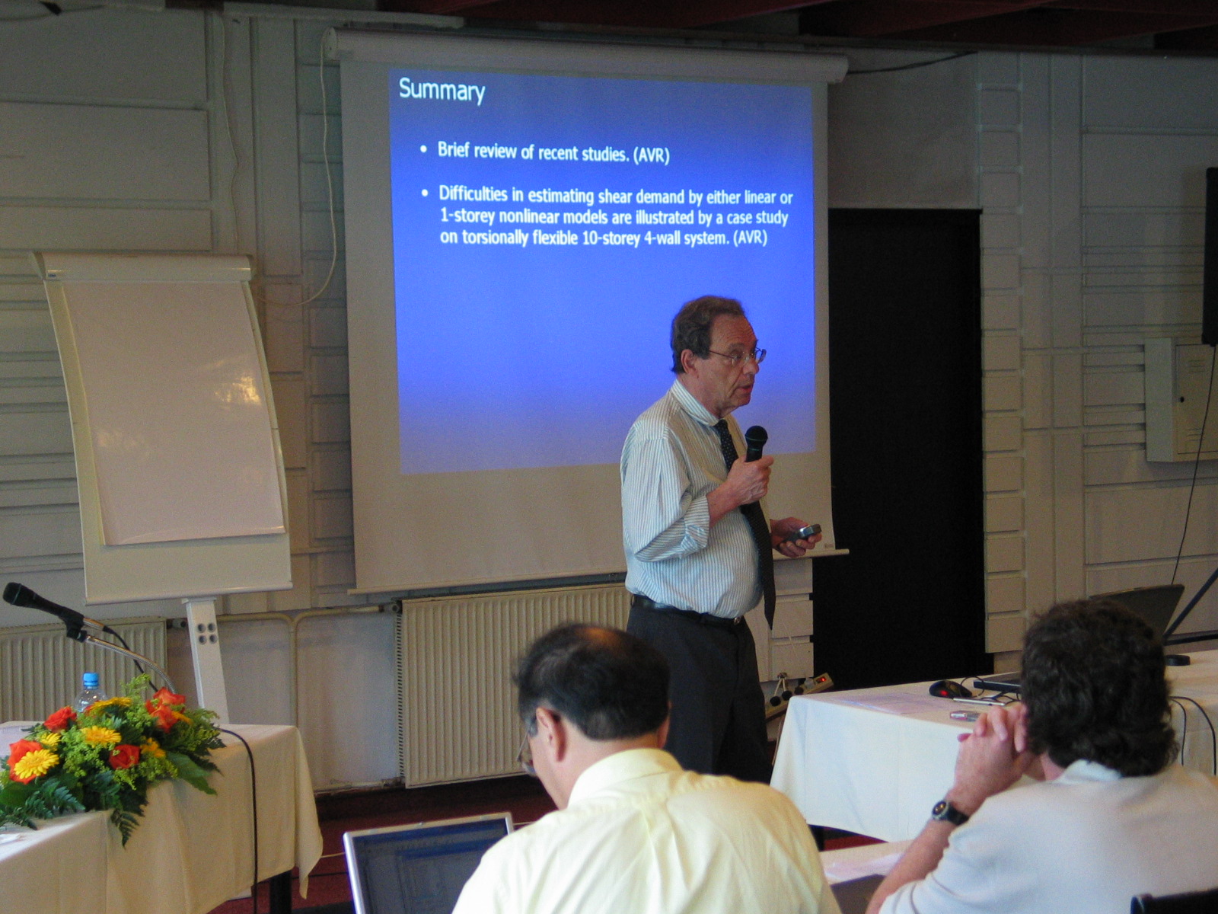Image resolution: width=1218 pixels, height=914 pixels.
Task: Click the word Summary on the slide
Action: (442, 90)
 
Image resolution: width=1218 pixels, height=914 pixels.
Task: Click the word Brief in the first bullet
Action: (453, 149)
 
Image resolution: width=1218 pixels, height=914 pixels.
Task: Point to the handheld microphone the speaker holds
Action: (755, 444)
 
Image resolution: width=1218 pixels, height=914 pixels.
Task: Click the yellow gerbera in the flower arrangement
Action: (35, 764)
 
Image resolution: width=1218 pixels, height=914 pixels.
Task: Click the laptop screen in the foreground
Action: (427, 866)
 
